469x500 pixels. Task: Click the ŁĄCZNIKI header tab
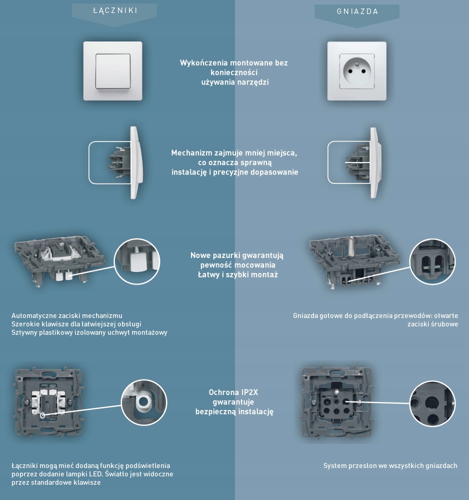point(115,10)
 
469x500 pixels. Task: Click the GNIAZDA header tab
point(357,11)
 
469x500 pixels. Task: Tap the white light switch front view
point(113,70)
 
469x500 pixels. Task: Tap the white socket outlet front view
point(357,70)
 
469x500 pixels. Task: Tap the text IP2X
point(249,392)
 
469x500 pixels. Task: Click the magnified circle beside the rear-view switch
point(144,402)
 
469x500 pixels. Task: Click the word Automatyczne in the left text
point(33,315)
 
